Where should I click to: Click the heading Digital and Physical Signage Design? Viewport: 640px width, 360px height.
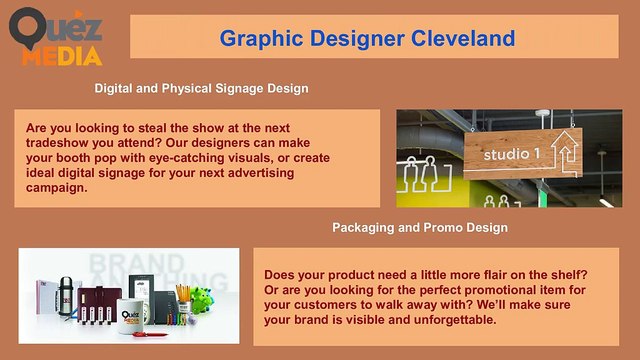[x=201, y=88]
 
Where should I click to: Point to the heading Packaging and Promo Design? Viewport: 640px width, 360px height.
[x=419, y=228]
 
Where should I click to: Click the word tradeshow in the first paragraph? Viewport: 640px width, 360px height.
[x=62, y=145]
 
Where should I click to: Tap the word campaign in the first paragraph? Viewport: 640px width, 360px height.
[x=58, y=187]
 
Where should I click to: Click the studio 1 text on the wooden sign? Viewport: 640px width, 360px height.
[x=511, y=155]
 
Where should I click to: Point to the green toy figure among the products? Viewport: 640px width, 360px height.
[x=207, y=303]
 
